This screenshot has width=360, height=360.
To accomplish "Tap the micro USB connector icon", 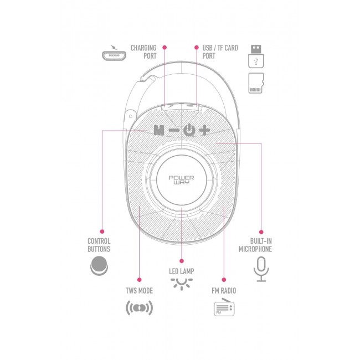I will (x=112, y=55).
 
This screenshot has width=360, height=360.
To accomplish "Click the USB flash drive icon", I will (x=256, y=55).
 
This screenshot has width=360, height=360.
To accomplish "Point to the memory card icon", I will (x=256, y=84).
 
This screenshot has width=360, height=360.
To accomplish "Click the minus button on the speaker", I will (x=174, y=131).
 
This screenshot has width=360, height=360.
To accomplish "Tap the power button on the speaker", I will (x=189, y=131).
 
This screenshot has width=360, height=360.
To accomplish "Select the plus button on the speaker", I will (x=205, y=131).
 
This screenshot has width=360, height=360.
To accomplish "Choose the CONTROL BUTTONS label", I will (x=99, y=245).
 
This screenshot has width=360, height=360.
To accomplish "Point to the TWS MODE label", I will (x=140, y=290).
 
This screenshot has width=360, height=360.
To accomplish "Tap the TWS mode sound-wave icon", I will (x=140, y=308).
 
